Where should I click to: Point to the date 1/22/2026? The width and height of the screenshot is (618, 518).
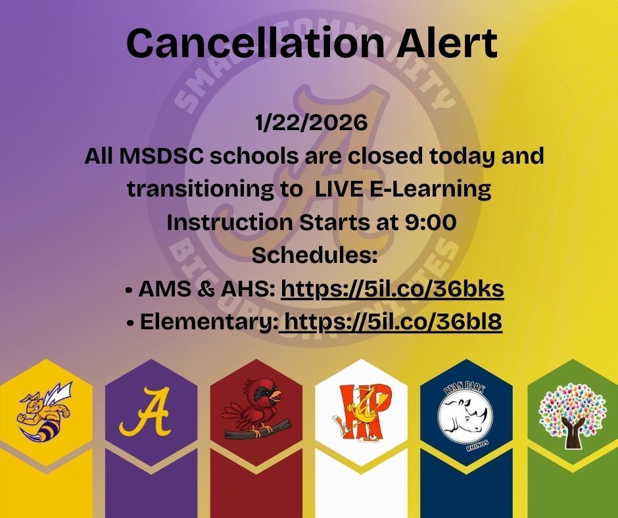point(310,124)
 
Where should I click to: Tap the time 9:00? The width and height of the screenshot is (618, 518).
point(427,223)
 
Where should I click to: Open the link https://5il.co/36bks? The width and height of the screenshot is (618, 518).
point(392,289)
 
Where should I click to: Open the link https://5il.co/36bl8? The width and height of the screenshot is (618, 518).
point(391,322)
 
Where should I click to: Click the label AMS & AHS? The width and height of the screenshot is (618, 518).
point(206,289)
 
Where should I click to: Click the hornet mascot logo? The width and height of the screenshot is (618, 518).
point(45,415)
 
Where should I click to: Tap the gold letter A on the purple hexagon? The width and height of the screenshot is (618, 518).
point(145,414)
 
